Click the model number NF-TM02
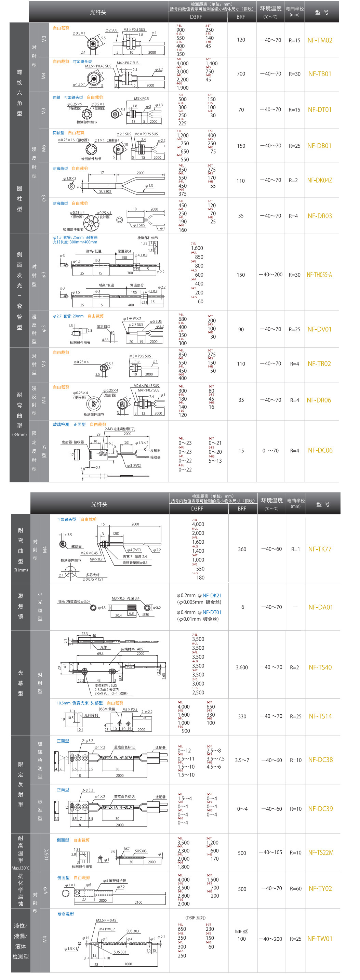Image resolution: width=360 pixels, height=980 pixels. (320, 40)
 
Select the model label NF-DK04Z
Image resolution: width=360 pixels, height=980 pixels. (320, 180)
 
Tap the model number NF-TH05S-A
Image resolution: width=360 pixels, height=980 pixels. (319, 275)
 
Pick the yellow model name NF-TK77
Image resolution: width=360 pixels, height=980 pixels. (320, 549)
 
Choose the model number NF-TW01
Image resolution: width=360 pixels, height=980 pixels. (320, 939)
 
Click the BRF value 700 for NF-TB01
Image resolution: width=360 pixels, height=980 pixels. (241, 74)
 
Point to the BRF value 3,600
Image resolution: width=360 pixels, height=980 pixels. (242, 667)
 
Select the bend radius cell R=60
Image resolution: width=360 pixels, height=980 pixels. (295, 889)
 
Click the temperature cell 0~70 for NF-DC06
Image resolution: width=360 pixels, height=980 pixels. (270, 451)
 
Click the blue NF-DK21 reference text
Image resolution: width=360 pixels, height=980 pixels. (212, 595)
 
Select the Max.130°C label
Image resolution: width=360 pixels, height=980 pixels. (21, 868)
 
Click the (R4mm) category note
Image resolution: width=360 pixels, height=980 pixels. (19, 435)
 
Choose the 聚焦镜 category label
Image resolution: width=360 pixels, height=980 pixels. (21, 606)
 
